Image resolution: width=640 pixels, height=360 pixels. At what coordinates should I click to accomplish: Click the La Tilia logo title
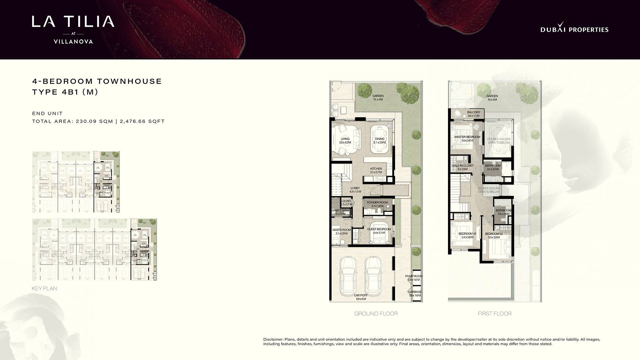[73, 22]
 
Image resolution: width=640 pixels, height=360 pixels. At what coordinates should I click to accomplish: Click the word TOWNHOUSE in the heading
[129, 81]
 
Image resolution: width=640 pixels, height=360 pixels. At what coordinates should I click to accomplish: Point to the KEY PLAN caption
[44, 289]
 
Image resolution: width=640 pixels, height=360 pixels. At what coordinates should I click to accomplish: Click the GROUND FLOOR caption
[376, 313]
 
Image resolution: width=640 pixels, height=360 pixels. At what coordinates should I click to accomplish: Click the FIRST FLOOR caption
[495, 313]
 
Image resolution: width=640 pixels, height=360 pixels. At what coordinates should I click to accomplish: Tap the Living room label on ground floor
[345, 140]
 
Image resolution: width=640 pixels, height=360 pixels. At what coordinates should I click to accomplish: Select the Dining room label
[379, 140]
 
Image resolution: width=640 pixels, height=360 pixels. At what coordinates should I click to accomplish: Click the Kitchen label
[376, 170]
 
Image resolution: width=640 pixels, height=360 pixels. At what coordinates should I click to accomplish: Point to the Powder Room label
[377, 204]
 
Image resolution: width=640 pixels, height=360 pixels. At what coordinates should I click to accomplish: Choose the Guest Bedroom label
[379, 231]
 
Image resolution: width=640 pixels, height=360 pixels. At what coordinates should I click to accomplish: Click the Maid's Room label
[341, 231]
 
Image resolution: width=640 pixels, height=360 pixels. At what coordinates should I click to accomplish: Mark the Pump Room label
[414, 278]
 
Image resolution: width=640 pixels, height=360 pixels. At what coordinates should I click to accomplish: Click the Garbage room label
[415, 293]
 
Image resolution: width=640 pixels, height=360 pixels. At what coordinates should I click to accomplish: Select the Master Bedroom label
[467, 138]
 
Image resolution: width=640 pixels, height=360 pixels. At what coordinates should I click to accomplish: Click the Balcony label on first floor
[473, 114]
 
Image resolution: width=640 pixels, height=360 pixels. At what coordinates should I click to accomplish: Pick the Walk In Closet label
[462, 167]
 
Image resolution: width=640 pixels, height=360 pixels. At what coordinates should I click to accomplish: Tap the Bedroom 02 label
[494, 235]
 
